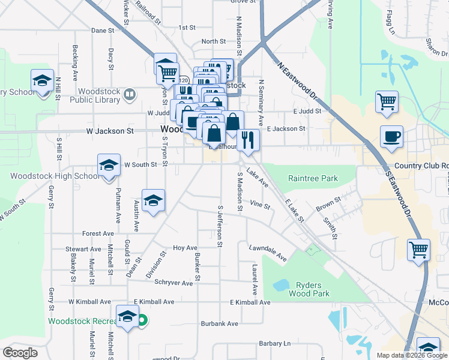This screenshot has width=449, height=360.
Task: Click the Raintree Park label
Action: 313,178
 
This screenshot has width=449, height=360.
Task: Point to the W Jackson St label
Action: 109,130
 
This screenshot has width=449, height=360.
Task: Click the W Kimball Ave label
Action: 89,301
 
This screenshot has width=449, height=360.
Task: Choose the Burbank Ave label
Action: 220,323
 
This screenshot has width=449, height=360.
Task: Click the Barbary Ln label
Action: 275,343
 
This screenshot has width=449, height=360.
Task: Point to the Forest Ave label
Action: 98,233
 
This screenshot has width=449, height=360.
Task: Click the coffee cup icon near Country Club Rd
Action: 391,137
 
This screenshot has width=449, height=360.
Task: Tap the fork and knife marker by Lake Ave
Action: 248,140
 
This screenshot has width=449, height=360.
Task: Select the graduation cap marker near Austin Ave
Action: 153,200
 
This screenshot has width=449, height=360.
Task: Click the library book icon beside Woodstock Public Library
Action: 130,95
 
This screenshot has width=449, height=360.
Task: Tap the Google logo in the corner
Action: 20,353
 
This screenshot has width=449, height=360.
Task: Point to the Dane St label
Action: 102,30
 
